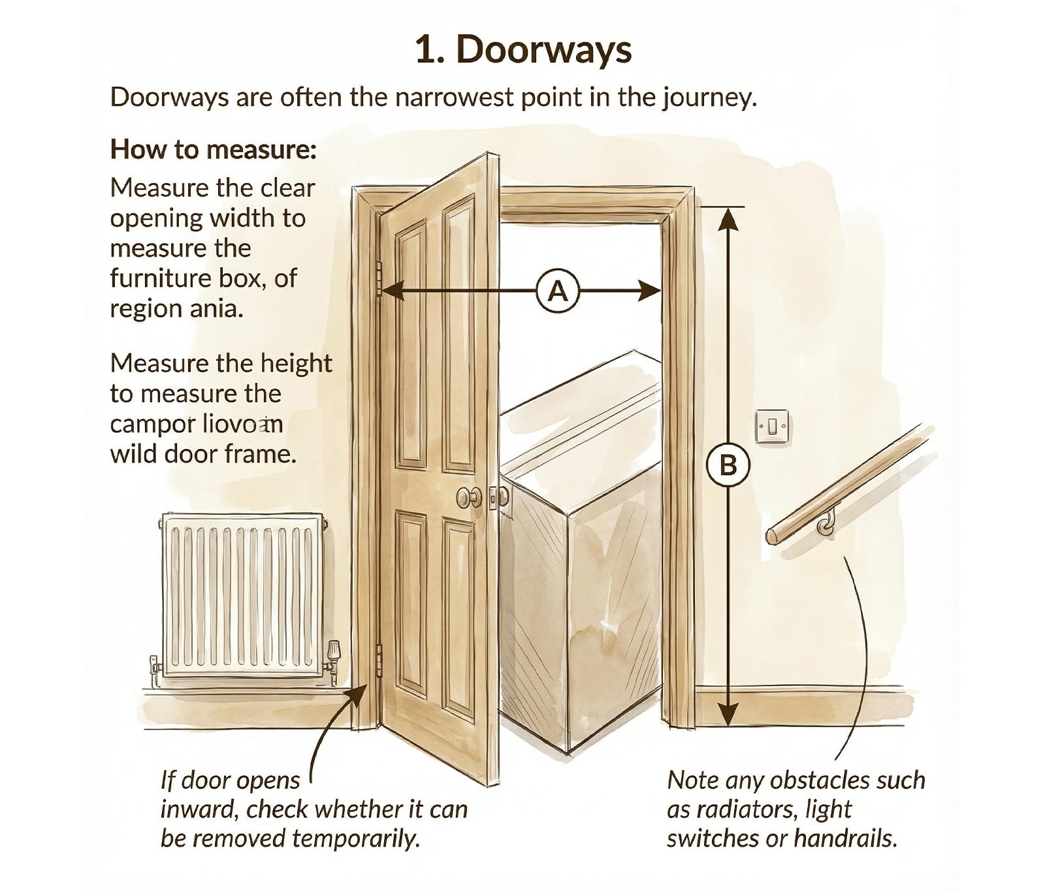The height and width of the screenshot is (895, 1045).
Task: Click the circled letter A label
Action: (x=557, y=291)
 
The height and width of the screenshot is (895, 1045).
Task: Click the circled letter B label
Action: (x=728, y=466)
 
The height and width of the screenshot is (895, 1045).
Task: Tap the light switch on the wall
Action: (x=772, y=427)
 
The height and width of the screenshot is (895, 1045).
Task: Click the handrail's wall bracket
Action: (x=827, y=523)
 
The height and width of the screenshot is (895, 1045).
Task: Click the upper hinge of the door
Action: (x=379, y=277)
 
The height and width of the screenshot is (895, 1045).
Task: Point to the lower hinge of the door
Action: (x=379, y=659)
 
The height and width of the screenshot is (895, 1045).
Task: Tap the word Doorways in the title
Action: (x=543, y=50)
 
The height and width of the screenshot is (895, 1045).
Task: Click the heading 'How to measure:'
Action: (x=213, y=150)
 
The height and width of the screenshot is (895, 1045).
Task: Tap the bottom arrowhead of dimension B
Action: (x=728, y=714)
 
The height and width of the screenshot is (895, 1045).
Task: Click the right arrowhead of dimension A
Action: (x=650, y=291)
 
